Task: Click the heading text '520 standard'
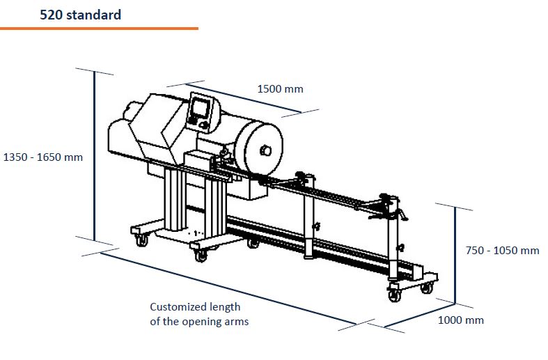tap(80, 14)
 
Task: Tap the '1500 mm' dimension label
tap(280, 88)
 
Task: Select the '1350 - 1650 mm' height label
tap(43, 157)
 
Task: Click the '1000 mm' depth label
tap(460, 320)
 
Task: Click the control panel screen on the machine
tap(200, 108)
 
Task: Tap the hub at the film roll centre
tap(264, 149)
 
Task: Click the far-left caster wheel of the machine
tap(141, 240)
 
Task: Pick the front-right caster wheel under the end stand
tap(393, 295)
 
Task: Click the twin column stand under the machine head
tap(174, 202)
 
